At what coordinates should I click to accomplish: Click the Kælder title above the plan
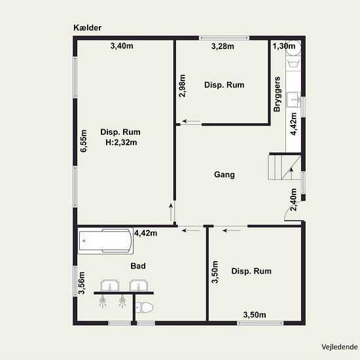(x=87, y=27)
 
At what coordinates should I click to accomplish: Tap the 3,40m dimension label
(x=122, y=46)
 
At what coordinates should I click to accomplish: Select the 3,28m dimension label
(x=223, y=46)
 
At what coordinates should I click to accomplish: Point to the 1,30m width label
(x=284, y=46)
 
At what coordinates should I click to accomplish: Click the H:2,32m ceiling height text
(x=121, y=143)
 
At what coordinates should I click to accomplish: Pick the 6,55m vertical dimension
(x=84, y=141)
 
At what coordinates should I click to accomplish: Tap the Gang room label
(x=225, y=175)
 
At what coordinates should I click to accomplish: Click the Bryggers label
(x=277, y=94)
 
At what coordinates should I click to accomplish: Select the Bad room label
(x=138, y=266)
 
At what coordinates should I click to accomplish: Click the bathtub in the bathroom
(x=105, y=241)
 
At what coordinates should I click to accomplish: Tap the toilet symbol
(x=144, y=308)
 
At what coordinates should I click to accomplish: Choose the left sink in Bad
(x=110, y=285)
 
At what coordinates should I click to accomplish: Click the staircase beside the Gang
(x=284, y=168)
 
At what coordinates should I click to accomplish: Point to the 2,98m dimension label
(x=183, y=86)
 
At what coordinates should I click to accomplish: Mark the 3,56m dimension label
(x=82, y=283)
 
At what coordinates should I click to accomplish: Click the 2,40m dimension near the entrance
(x=294, y=200)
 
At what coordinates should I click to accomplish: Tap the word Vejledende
(x=340, y=347)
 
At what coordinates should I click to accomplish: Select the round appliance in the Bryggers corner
(x=293, y=48)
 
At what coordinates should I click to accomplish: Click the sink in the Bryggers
(x=293, y=99)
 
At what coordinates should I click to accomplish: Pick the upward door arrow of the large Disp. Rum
(x=171, y=211)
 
